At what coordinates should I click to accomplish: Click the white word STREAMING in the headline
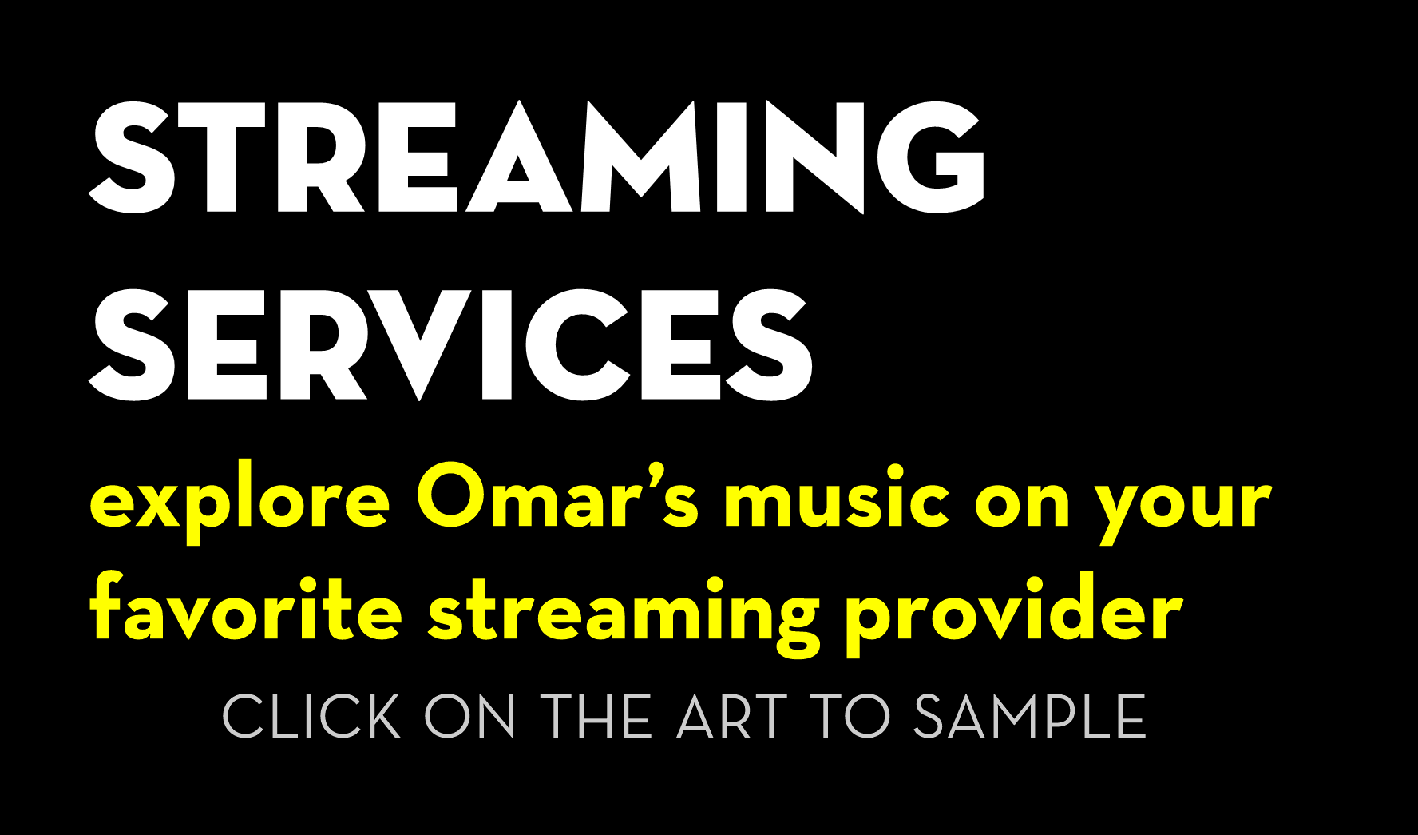pos(537,157)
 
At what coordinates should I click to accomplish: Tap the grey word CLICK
pos(311,717)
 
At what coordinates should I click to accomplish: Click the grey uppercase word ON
pos(470,717)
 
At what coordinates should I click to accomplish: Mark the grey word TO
pos(850,717)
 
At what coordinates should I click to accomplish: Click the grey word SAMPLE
pos(1029,717)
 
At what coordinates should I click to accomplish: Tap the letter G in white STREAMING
pos(932,157)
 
